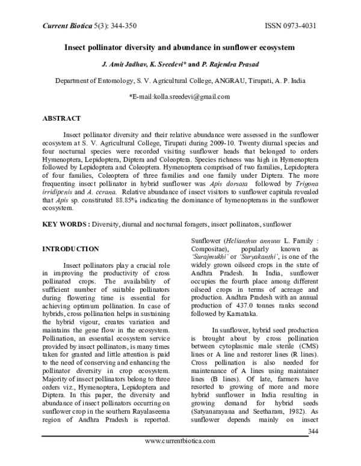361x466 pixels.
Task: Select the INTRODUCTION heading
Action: pos(70,249)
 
